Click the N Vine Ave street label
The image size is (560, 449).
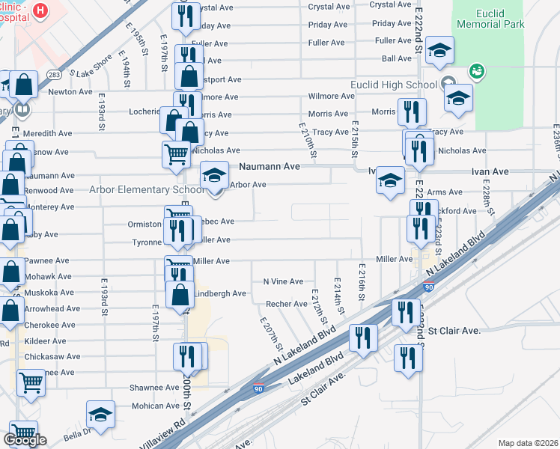tap(283, 281)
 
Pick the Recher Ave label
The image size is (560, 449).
tap(287, 304)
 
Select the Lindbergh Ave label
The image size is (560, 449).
tap(219, 294)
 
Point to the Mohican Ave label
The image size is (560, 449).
tap(156, 406)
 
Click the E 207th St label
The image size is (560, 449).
tap(271, 335)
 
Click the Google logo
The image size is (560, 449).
tap(25, 439)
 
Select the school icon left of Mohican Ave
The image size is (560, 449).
tap(100, 414)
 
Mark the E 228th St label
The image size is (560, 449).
tap(487, 198)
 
